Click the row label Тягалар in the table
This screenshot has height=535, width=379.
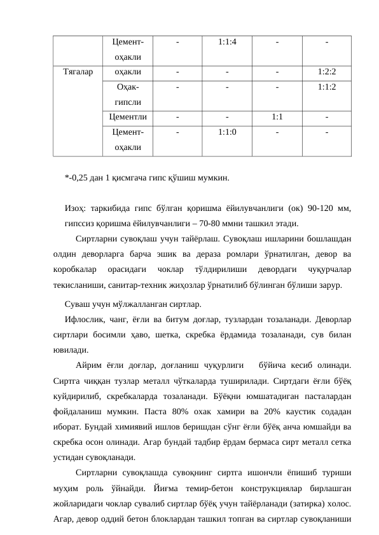[x=78, y=72]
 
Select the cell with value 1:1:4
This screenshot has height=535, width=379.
[x=227, y=43]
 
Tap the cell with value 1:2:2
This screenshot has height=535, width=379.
[x=326, y=72]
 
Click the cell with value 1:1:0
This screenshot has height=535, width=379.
[x=227, y=132]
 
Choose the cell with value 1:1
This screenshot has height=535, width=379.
[x=277, y=117]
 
